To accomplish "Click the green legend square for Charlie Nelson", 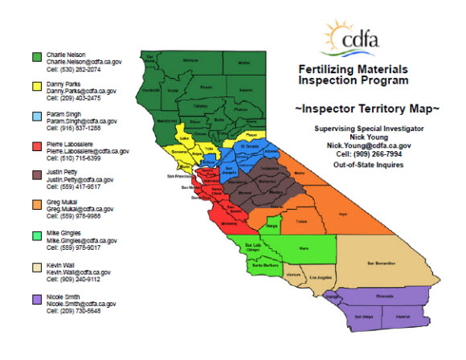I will [x=37, y=56].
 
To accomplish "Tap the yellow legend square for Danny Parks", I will [x=37, y=86].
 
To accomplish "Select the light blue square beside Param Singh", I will [x=37, y=116].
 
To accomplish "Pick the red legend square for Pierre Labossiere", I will [x=37, y=145].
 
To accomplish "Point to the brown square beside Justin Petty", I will [x=37, y=175].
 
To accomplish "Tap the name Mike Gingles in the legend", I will [x=64, y=233].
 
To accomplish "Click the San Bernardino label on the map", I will [x=382, y=263].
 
